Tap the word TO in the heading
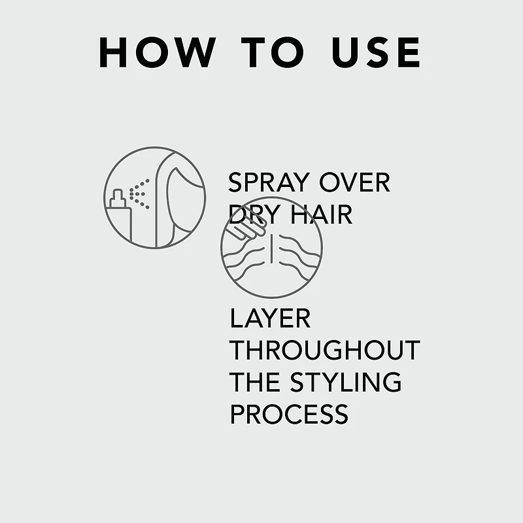[273, 52]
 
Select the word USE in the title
[376, 52]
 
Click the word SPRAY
[269, 182]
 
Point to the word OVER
[354, 182]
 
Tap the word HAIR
[321, 214]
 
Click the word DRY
[254, 214]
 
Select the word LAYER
[270, 318]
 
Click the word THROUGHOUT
[324, 350]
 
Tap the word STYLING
[346, 382]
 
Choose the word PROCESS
[289, 414]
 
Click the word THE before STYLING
[255, 382]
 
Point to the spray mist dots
[139, 194]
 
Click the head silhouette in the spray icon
[180, 199]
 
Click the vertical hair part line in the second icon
[272, 248]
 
